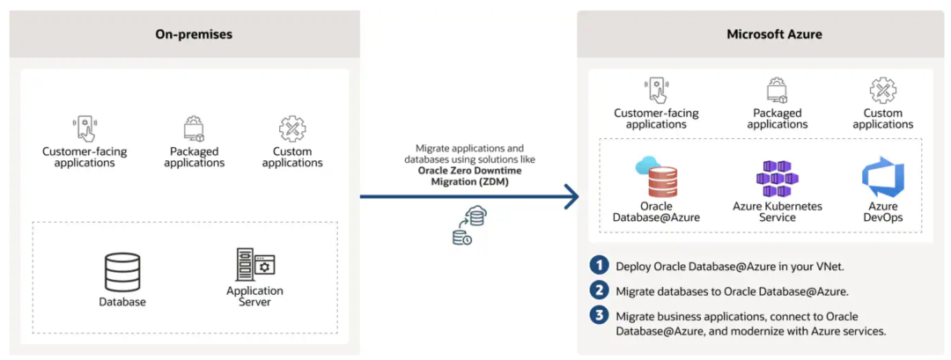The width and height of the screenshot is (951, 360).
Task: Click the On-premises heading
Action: [194, 34]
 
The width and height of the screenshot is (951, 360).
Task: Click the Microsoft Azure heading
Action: [775, 34]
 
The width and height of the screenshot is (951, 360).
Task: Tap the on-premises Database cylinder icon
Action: [122, 272]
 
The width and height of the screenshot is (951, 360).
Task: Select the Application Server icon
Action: [255, 264]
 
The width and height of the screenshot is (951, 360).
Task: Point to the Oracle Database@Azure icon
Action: [657, 176]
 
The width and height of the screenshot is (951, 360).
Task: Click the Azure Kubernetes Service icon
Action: [777, 178]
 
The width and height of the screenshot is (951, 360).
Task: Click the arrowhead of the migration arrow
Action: [571, 196]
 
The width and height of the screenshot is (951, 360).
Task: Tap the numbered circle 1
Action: [600, 266]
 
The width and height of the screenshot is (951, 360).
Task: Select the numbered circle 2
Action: [600, 291]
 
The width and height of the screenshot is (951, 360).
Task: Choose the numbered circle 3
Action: [600, 316]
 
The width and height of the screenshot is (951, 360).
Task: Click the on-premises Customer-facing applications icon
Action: [85, 129]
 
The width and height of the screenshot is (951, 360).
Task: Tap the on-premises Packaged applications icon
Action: [194, 129]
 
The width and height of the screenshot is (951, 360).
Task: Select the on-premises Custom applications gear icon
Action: [292, 129]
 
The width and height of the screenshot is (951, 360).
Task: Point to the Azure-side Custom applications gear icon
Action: [883, 91]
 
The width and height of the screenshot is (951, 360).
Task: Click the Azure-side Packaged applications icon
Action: [778, 91]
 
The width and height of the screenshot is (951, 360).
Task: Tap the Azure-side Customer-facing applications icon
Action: [656, 91]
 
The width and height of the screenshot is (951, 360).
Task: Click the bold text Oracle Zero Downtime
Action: [469, 170]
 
